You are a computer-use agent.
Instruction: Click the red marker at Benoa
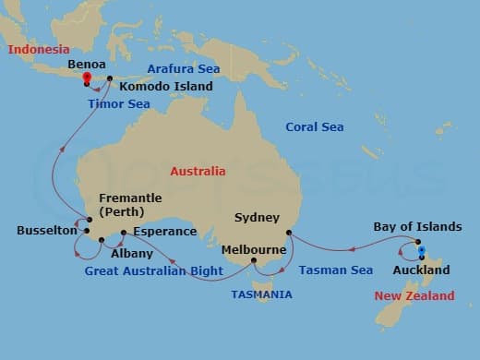86,79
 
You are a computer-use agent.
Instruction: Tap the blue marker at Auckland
421,250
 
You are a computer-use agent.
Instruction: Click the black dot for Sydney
289,233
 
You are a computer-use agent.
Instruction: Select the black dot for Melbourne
254,261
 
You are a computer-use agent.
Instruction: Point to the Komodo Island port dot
110,78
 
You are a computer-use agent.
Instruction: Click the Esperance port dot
124,234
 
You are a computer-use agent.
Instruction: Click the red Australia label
198,172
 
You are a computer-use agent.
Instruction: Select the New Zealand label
414,295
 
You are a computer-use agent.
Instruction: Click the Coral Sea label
314,126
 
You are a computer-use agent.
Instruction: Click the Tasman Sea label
336,270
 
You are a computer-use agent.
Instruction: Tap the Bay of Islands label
417,226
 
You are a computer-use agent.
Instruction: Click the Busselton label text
46,231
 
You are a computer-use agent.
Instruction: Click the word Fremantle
135,198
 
